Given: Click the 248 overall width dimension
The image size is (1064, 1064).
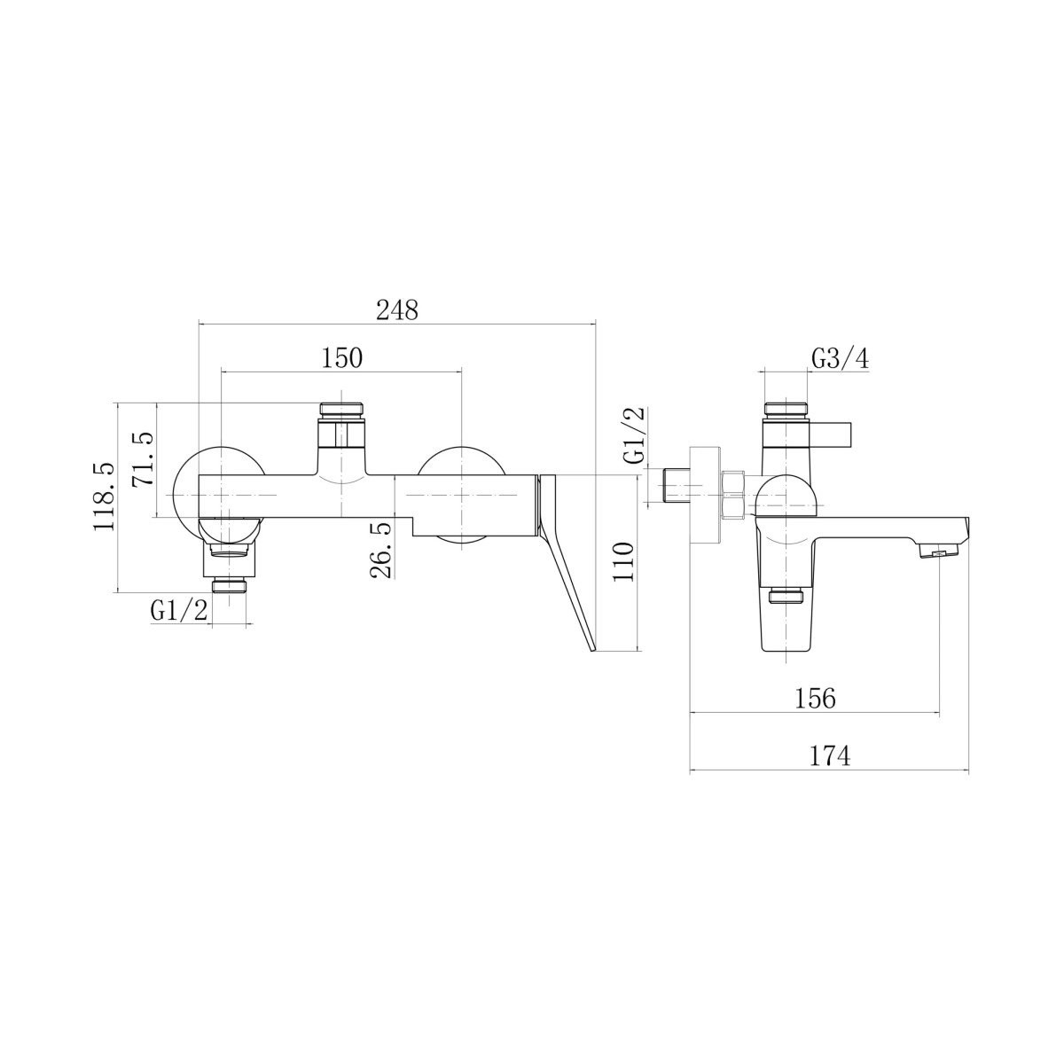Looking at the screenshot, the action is click(x=397, y=311).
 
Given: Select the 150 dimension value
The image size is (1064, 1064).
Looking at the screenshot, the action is click(x=341, y=358).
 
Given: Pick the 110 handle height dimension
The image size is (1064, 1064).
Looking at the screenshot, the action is click(x=623, y=562).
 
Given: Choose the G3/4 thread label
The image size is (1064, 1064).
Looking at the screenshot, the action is click(x=841, y=360).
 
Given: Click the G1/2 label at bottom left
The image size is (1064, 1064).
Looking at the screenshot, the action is click(x=179, y=611).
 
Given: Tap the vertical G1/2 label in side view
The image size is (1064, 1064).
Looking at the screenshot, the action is click(x=633, y=434).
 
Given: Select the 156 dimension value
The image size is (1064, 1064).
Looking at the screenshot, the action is click(x=816, y=700).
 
